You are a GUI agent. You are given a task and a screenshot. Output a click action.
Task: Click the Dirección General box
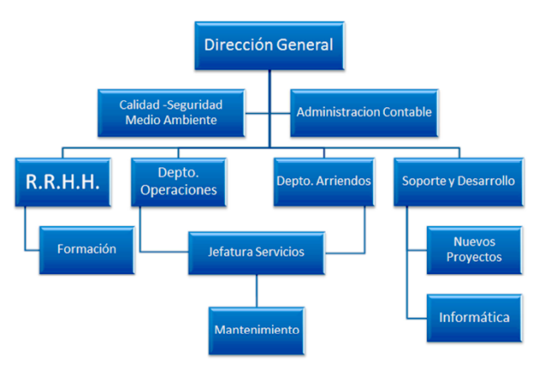click(x=269, y=46)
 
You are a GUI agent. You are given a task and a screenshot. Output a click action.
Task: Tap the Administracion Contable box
click(x=364, y=111)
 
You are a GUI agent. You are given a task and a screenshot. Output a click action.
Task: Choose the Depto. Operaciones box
click(x=179, y=181)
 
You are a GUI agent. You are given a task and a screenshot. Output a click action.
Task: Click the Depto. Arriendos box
click(x=324, y=181)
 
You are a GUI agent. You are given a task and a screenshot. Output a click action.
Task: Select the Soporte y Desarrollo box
click(x=458, y=181)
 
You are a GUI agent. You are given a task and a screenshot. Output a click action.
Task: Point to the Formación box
click(x=87, y=250)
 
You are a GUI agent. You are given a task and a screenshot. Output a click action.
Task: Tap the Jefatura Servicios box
click(x=256, y=251)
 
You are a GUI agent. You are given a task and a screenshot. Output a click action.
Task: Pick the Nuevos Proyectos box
click(x=475, y=250)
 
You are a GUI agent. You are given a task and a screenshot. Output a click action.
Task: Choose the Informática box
click(x=474, y=318)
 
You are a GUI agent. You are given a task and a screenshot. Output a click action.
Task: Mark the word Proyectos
click(x=475, y=257)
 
